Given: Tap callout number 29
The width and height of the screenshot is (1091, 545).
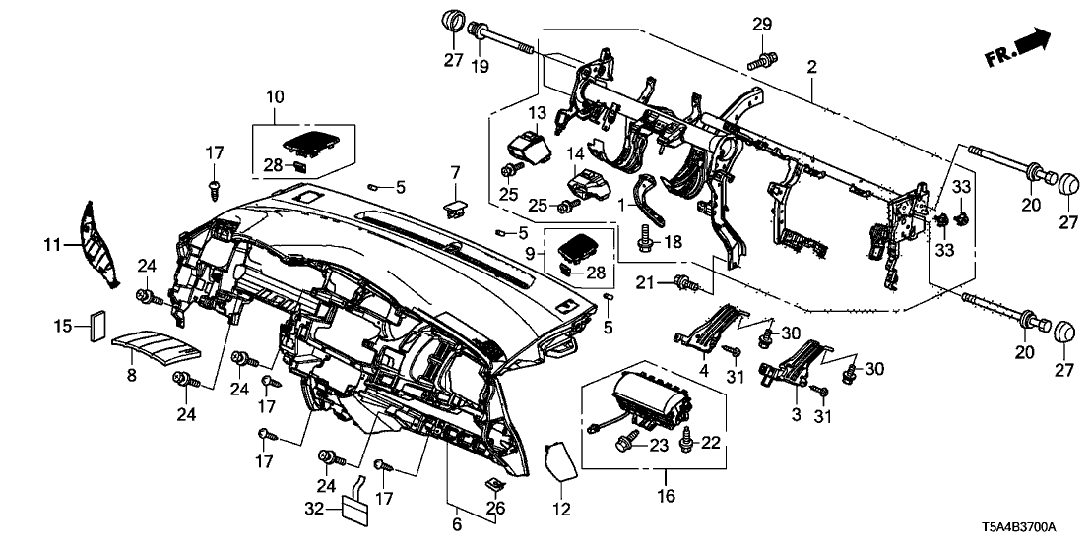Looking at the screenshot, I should pyautogui.click(x=763, y=23).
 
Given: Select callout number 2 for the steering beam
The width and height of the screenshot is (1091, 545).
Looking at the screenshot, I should pyautogui.click(x=811, y=67).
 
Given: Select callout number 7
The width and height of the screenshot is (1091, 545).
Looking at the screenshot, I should pyautogui.click(x=455, y=173).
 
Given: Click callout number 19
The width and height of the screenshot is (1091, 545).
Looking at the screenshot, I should pyautogui.click(x=480, y=66).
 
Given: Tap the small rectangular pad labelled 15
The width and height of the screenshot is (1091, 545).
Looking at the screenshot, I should pyautogui.click(x=97, y=325).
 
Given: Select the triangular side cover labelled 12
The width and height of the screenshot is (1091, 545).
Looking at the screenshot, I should pyautogui.click(x=560, y=458).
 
